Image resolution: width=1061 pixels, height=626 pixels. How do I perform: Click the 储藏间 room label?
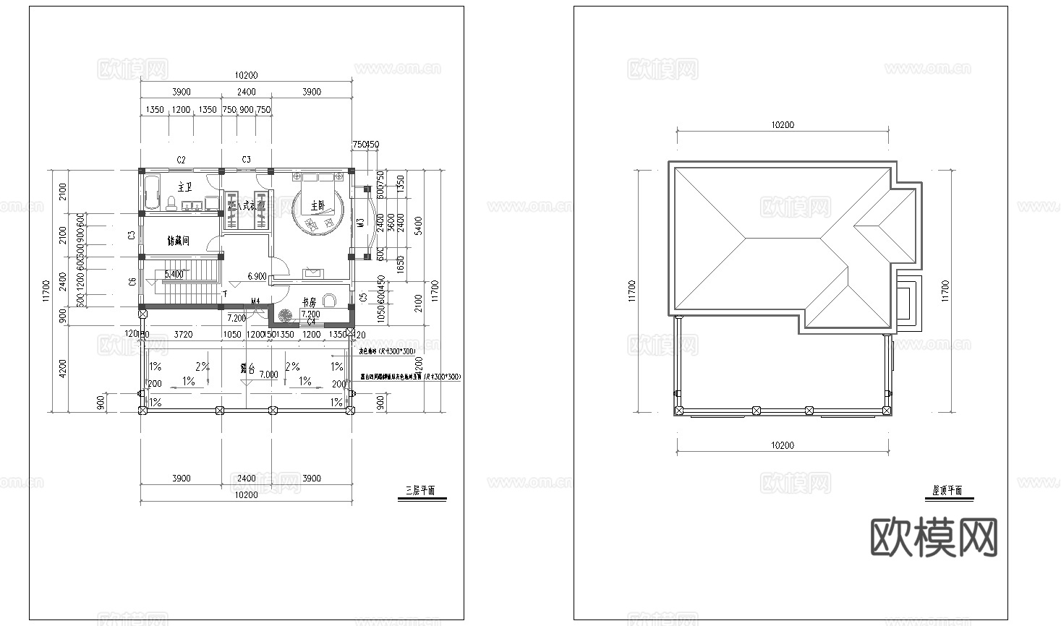(x=178, y=240)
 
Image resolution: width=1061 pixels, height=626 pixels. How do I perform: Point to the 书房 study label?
(x=310, y=302)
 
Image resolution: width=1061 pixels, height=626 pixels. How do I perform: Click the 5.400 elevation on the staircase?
(x=174, y=275)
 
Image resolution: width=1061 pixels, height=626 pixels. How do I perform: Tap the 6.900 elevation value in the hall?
(x=257, y=276)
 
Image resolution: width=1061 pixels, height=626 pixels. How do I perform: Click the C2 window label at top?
(x=182, y=159)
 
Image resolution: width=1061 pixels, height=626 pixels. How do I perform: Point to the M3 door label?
(x=360, y=223)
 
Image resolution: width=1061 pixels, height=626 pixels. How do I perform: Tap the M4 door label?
(x=255, y=301)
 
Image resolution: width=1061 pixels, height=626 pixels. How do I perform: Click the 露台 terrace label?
(x=247, y=369)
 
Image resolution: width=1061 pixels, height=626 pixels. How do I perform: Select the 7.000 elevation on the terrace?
(x=268, y=375)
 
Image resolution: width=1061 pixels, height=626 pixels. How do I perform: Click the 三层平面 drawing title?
(x=420, y=490)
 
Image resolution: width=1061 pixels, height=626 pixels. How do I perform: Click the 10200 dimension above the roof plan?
(x=783, y=125)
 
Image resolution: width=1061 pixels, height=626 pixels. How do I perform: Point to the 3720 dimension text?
(x=184, y=335)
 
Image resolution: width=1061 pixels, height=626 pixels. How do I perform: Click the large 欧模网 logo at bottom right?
(x=933, y=537)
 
